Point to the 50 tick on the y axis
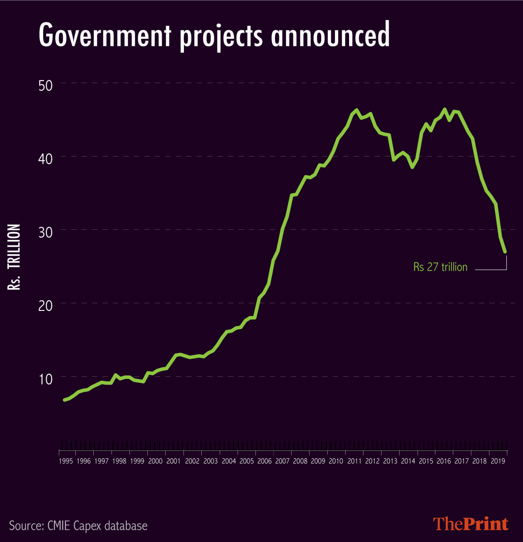click(x=45, y=85)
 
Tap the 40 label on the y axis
click(x=45, y=158)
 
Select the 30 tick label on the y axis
click(x=45, y=232)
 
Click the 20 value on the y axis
click(x=45, y=305)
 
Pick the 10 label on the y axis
click(x=45, y=378)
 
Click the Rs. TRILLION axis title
click(x=14, y=257)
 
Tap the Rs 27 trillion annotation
click(x=440, y=267)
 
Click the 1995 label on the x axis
click(x=65, y=461)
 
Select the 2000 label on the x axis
click(x=155, y=461)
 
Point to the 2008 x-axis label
click(x=300, y=461)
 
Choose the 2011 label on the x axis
click(x=354, y=461)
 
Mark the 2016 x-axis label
click(x=444, y=461)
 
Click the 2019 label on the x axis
click(x=497, y=461)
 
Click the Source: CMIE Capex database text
click(x=78, y=525)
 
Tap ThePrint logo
click(x=471, y=524)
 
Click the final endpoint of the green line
click(x=505, y=252)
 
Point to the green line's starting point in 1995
click(x=65, y=400)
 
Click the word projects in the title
click(x=221, y=37)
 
